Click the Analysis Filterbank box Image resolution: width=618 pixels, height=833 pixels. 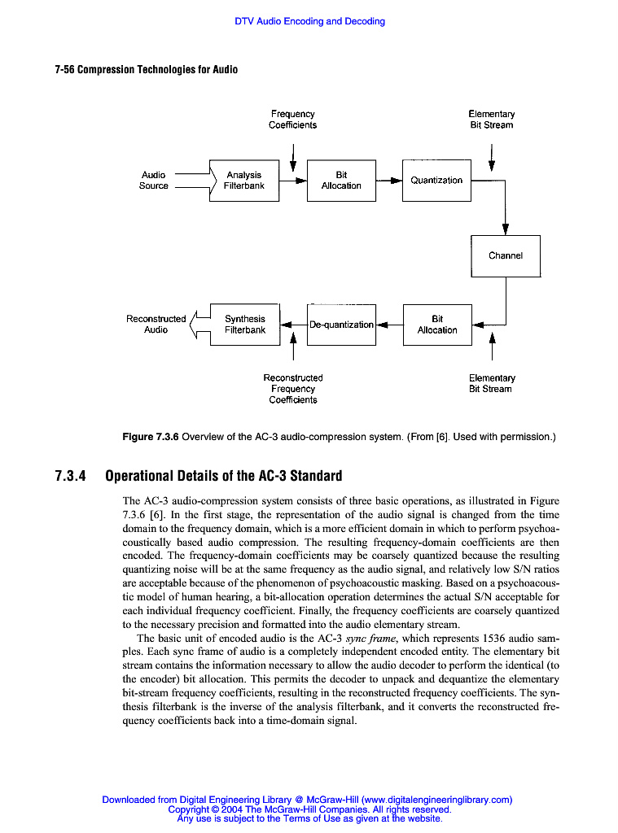243,181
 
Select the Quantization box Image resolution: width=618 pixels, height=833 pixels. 436,181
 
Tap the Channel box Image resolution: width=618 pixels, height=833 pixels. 505,255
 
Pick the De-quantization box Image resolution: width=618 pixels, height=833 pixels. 342,325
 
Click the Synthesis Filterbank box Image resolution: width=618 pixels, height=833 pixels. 244,325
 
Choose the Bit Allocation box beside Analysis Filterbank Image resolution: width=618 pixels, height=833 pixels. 341,181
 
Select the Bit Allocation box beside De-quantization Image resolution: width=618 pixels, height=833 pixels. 437,325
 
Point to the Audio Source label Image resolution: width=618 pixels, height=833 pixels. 154,181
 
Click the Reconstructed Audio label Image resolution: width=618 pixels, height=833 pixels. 156,325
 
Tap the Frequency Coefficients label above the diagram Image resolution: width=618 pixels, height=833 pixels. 293,120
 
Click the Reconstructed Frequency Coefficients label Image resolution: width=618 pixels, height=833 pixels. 293,389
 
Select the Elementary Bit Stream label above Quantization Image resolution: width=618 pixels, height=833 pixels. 491,120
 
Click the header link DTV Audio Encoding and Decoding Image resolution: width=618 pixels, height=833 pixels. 309,21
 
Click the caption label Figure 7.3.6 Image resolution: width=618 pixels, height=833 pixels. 150,437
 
